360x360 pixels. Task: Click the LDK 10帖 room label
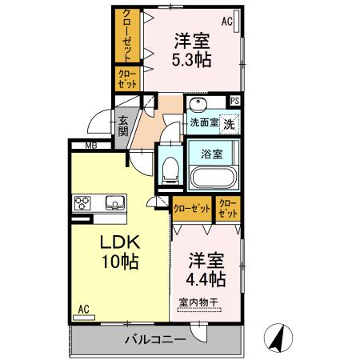click(120, 251)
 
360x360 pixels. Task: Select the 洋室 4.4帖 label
click(206, 270)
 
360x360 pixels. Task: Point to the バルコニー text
click(155, 339)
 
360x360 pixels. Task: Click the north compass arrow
click(278, 337)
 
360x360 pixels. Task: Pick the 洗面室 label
click(204, 123)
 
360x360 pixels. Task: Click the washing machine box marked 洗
click(229, 124)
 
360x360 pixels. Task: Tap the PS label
click(235, 101)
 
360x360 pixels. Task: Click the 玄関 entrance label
click(124, 127)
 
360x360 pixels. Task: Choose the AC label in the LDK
click(83, 308)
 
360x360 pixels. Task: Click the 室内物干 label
click(198, 303)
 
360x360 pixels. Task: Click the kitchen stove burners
click(84, 201)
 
